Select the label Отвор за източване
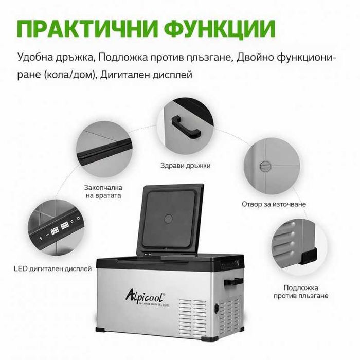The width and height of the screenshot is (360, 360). [274, 204]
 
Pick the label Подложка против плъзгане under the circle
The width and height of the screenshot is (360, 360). [305, 292]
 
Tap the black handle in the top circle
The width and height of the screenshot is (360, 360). [185, 123]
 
